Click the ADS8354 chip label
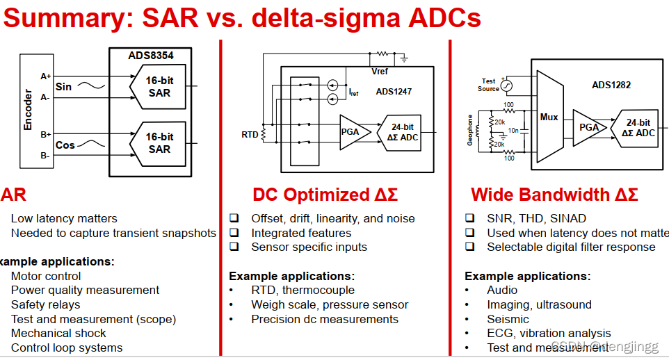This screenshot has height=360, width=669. tap(150, 55)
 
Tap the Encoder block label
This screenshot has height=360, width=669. tap(29, 109)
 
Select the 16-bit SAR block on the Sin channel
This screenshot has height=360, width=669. tap(159, 87)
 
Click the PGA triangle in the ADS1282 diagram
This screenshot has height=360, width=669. tap(588, 127)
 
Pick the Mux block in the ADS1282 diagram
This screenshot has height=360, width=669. tap(549, 117)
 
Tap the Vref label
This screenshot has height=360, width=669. tap(380, 72)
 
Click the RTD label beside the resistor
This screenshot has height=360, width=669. tap(249, 133)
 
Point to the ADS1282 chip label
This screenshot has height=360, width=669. tap(611, 85)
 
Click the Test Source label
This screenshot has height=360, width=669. tap(488, 85)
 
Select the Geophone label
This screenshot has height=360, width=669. tap(470, 130)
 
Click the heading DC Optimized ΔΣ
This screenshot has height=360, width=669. tap(325, 195)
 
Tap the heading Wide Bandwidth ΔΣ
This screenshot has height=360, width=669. tap(554, 195)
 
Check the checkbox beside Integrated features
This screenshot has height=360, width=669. tap(234, 233)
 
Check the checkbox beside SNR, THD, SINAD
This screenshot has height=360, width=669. tap(470, 218)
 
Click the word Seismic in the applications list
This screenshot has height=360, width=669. tap(508, 319)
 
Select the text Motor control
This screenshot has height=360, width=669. tap(46, 276)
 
